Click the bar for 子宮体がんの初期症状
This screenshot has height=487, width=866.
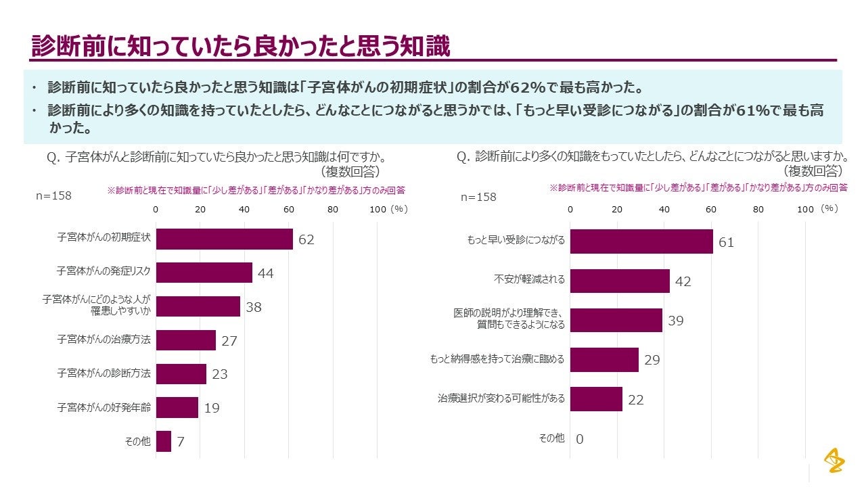[224, 239]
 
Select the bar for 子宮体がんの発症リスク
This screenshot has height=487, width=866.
[204, 273]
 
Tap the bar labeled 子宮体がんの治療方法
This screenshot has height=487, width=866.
[185, 340]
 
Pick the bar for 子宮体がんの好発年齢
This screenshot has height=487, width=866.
[177, 407]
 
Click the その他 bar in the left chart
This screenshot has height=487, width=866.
[163, 441]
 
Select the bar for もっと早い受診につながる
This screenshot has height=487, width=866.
[641, 241]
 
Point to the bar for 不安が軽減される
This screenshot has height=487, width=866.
[619, 281]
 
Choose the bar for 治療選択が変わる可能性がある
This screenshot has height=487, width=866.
[595, 399]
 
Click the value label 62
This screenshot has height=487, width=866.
[306, 240]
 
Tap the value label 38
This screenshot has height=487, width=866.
[254, 307]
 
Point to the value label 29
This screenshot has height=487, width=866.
[652, 360]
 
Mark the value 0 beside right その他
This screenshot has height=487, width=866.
[579, 439]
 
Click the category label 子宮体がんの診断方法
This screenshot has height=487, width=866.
[104, 373]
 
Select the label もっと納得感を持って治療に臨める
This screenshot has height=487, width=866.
[497, 359]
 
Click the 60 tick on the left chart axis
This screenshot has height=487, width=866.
[289, 209]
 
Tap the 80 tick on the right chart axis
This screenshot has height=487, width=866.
[758, 210]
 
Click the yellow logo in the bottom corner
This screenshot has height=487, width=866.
[834, 461]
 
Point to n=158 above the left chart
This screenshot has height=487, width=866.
[53, 196]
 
